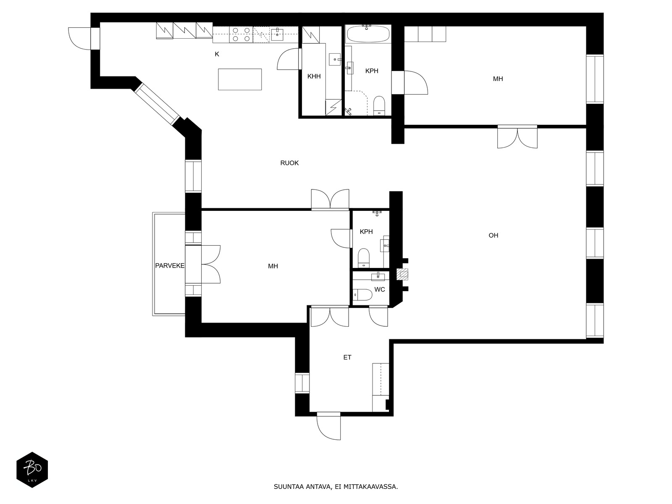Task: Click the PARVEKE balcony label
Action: (170, 265)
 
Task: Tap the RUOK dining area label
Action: (289, 163)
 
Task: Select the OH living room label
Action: (493, 235)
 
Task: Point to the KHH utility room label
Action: (314, 76)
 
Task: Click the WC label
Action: (380, 289)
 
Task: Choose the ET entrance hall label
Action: (347, 357)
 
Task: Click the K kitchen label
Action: (217, 54)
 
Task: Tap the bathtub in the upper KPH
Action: (368, 34)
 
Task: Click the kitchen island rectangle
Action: (240, 79)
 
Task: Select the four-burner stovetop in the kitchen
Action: (241, 34)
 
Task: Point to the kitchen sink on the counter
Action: (277, 34)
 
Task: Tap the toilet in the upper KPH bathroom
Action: (379, 105)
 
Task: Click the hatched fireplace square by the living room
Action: (402, 274)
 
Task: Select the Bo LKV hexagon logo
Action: (32, 470)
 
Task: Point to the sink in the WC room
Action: (378, 276)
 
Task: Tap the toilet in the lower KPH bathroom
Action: (364, 257)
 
